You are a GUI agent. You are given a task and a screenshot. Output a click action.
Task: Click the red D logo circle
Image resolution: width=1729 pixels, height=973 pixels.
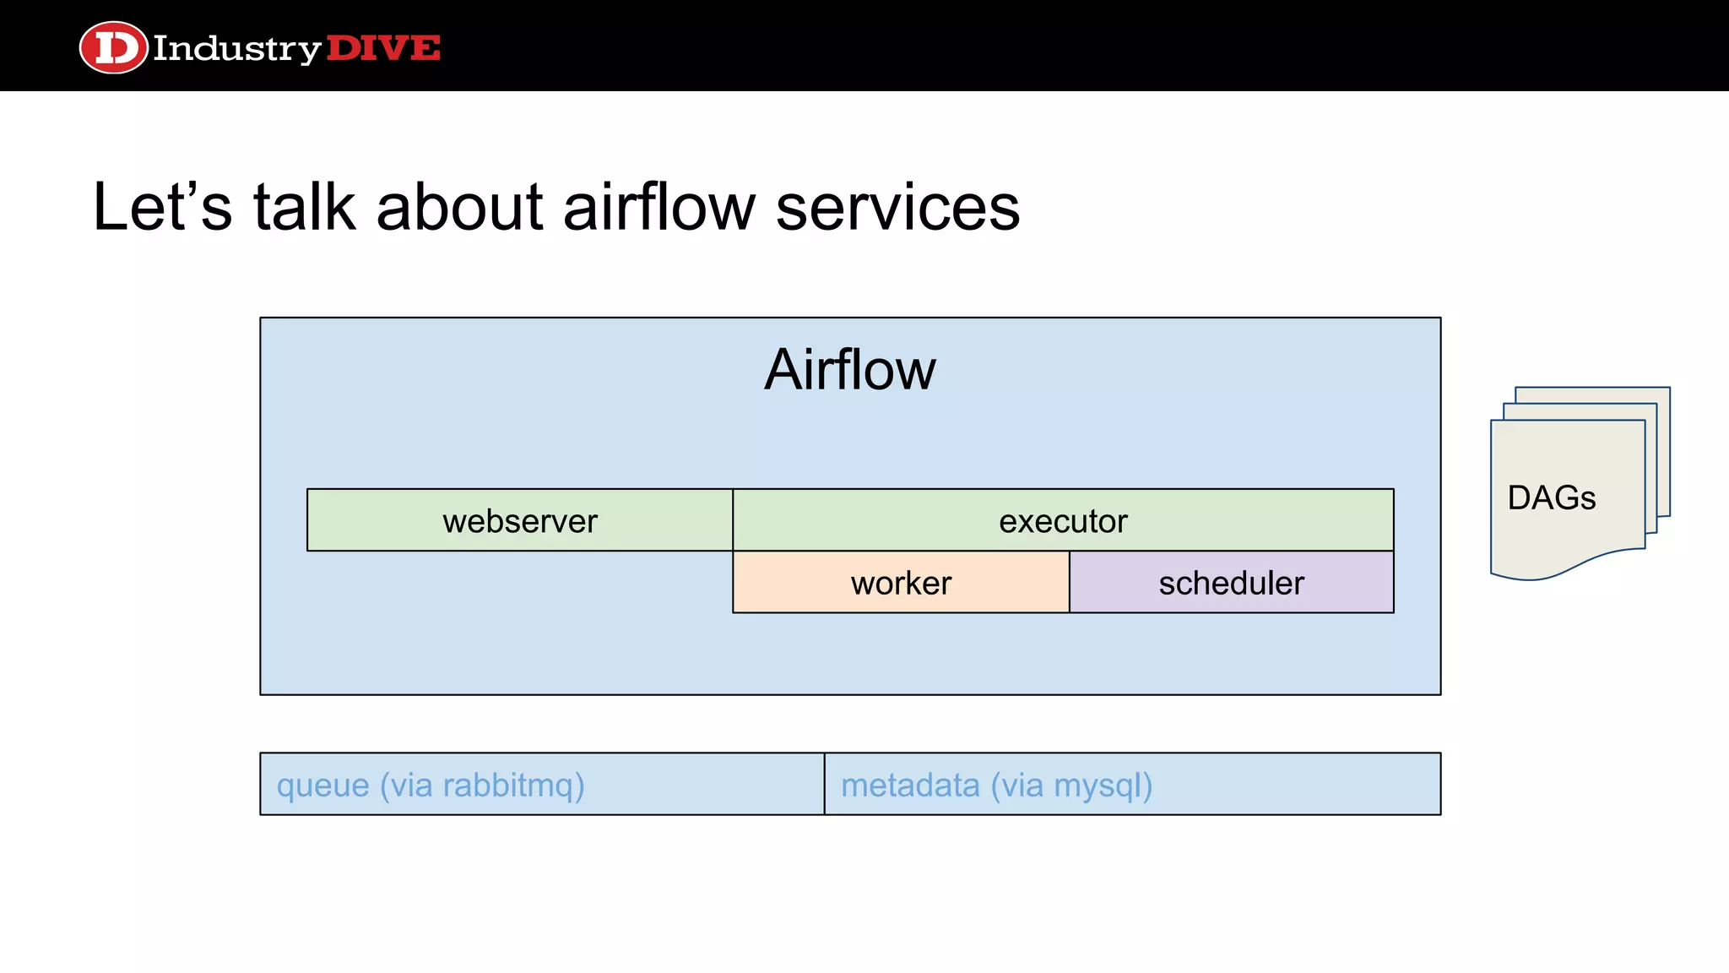click(113, 47)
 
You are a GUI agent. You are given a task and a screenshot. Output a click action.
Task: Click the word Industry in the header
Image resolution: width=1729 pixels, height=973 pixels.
click(236, 49)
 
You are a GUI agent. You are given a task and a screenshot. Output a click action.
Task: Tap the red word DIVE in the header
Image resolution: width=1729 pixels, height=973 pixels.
click(382, 48)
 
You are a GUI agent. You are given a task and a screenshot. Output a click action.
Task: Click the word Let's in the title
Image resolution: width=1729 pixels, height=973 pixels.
click(161, 207)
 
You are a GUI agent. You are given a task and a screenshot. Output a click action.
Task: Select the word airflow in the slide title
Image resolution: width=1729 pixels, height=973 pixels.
click(659, 207)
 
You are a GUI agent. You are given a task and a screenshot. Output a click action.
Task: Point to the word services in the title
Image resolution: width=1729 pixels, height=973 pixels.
click(897, 209)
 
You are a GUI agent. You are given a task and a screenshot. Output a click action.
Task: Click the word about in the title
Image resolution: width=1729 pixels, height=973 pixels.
click(459, 207)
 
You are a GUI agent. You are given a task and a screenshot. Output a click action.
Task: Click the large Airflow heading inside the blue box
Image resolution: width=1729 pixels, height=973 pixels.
click(849, 370)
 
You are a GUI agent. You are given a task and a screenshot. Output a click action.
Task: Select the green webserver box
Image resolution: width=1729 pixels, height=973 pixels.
click(519, 520)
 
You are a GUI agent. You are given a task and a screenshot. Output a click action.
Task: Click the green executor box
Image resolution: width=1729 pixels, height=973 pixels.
click(1062, 520)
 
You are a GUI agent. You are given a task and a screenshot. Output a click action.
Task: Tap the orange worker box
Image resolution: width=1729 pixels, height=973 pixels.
click(900, 583)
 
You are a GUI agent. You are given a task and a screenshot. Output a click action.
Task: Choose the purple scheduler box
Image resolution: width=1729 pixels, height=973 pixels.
click(1231, 583)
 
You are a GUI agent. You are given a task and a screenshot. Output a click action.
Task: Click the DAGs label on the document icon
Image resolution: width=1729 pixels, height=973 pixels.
click(1551, 497)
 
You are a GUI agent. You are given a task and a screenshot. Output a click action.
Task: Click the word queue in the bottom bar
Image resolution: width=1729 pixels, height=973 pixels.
click(322, 786)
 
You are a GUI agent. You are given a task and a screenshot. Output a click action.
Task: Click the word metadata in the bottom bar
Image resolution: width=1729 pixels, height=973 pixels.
click(910, 785)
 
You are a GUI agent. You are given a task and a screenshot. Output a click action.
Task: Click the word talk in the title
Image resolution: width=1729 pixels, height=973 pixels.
click(304, 207)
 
